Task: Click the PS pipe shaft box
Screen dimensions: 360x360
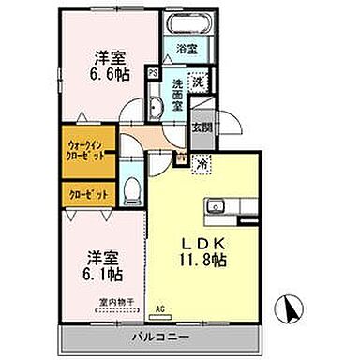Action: coord(153,70)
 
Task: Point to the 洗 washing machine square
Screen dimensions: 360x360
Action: coord(197,82)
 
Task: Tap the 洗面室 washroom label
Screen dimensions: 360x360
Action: coord(177,97)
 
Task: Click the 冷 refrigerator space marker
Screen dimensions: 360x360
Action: coord(202,163)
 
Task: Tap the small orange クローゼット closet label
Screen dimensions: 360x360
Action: coord(87,193)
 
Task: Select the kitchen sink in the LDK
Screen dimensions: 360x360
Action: coord(217,204)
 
